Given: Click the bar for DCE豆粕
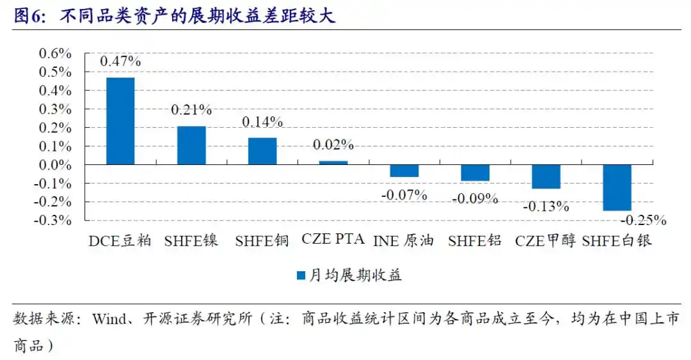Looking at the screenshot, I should click(120, 121).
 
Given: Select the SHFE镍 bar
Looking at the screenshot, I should click(191, 145).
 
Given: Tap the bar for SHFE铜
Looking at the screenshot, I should click(262, 151).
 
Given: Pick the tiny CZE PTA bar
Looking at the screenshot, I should click(333, 162).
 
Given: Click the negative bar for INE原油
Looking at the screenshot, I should click(404, 171).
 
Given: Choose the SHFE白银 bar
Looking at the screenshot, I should click(617, 187).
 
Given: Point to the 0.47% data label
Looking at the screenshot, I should click(120, 62).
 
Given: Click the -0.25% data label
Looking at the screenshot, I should click(644, 221).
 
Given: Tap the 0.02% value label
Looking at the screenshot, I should click(333, 145).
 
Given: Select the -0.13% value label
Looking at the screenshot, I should click(546, 207).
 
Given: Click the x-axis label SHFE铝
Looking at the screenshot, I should click(475, 241).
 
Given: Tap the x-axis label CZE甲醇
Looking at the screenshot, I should click(546, 241).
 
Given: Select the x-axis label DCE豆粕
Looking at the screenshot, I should click(120, 241).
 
